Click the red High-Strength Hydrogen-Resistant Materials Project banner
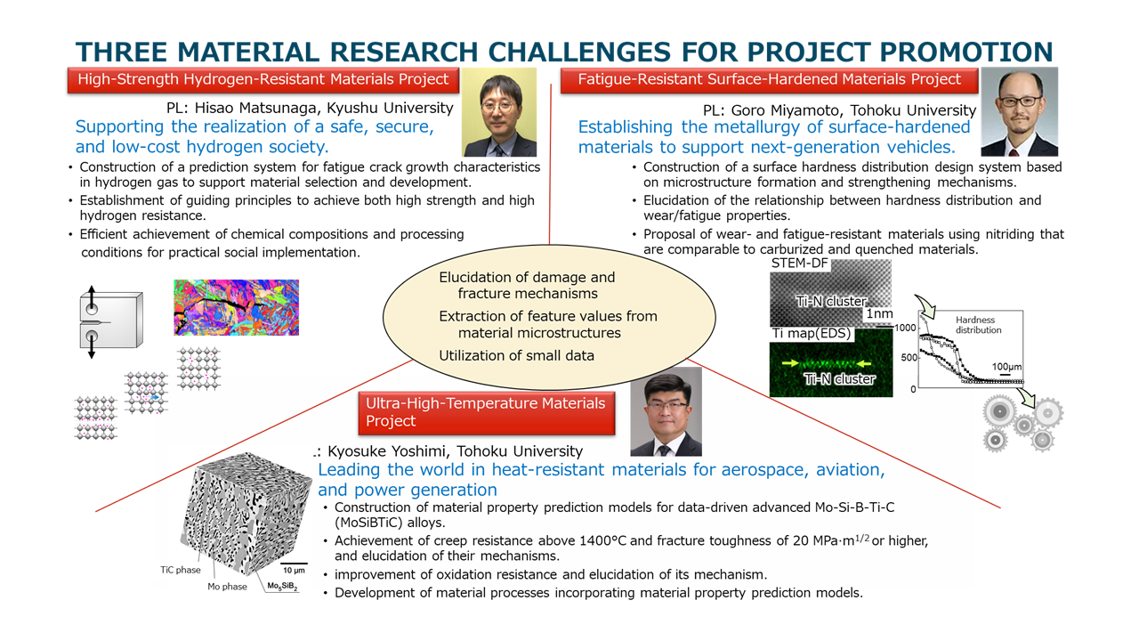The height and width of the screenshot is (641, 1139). pyautogui.click(x=263, y=80)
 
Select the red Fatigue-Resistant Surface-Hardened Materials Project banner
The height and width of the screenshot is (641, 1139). pyautogui.click(x=769, y=80)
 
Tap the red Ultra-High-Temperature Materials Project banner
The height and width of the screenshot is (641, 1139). pyautogui.click(x=486, y=412)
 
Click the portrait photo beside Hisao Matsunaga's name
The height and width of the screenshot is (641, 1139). pyautogui.click(x=499, y=112)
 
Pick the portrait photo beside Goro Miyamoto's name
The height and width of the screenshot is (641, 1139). pyautogui.click(x=1019, y=112)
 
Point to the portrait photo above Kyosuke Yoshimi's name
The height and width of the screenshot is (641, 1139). pyautogui.click(x=666, y=411)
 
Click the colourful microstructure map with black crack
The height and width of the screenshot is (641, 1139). pyautogui.click(x=237, y=307)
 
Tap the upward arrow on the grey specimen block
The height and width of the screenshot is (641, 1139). pyautogui.click(x=92, y=297)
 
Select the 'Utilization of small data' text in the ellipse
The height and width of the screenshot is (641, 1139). pyautogui.click(x=516, y=355)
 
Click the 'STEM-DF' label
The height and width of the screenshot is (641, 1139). pyautogui.click(x=799, y=263)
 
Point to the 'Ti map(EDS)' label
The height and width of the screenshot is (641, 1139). pyautogui.click(x=811, y=333)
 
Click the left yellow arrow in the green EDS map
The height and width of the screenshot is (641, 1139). pyautogui.click(x=791, y=363)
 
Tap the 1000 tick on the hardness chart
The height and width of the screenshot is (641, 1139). pyautogui.click(x=905, y=328)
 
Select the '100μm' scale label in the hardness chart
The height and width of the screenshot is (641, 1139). pyautogui.click(x=1006, y=367)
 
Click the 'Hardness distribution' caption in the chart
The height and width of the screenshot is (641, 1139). pyautogui.click(x=978, y=325)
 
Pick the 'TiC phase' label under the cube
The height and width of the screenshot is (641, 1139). pyautogui.click(x=181, y=570)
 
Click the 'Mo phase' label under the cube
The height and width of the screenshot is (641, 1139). pyautogui.click(x=227, y=587)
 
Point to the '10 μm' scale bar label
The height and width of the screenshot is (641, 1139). pyautogui.click(x=294, y=571)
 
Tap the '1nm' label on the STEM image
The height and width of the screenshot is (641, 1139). pyautogui.click(x=879, y=313)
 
